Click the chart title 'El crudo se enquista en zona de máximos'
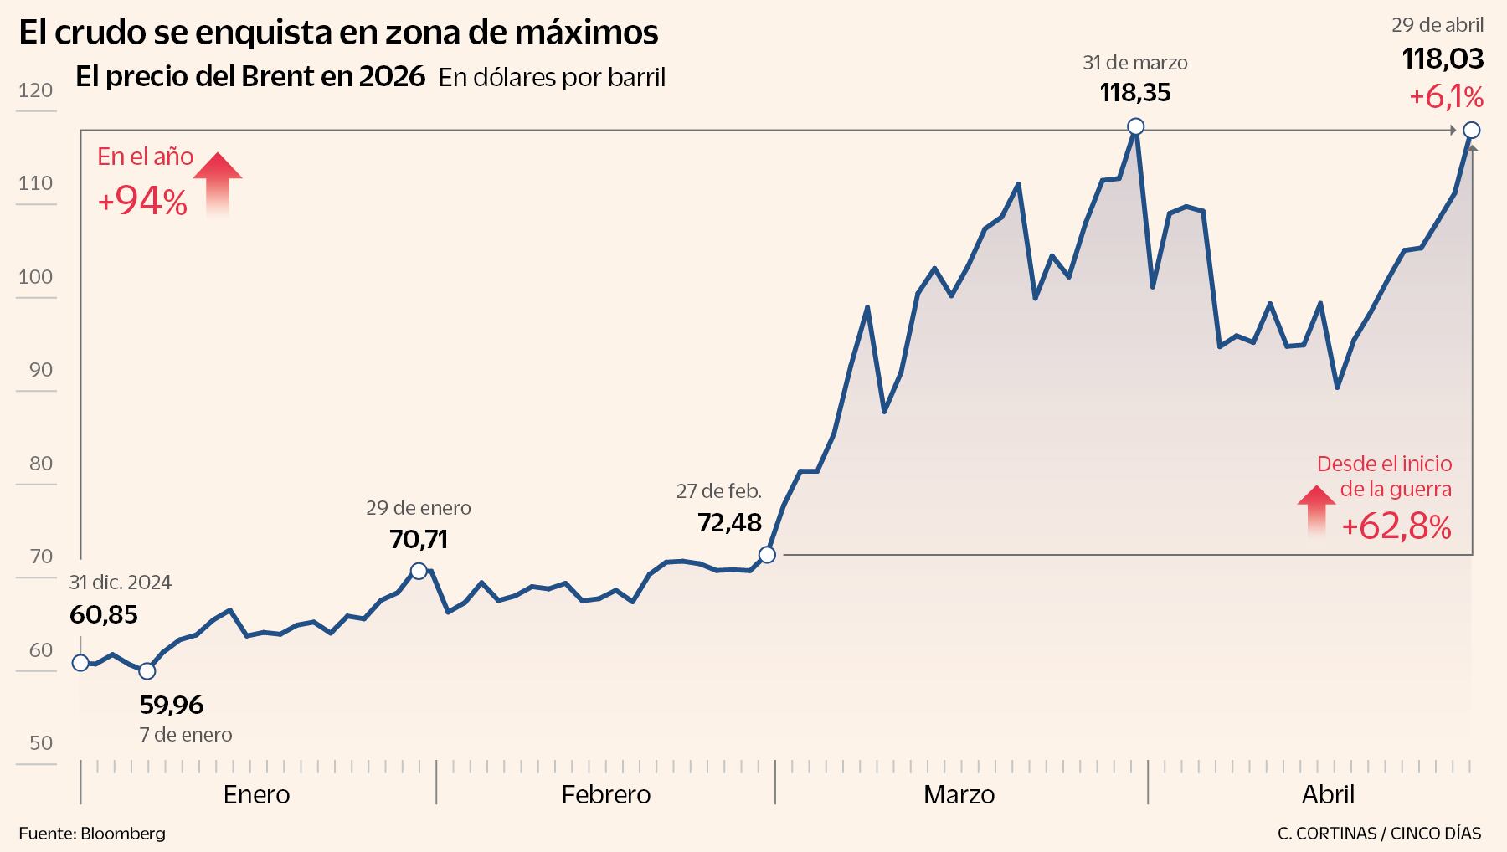click(338, 33)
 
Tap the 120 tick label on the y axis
click(35, 90)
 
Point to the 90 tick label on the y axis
click(40, 370)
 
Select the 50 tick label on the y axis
click(40, 743)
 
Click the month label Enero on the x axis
click(256, 794)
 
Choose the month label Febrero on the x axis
click(606, 794)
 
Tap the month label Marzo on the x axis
click(959, 794)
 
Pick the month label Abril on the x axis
click(1328, 794)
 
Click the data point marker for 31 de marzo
click(1135, 126)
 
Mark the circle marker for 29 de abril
click(1471, 130)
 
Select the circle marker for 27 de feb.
click(766, 554)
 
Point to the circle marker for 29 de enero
click(419, 571)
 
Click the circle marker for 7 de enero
click(147, 670)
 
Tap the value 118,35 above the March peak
click(1134, 92)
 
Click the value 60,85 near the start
click(103, 615)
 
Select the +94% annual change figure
click(142, 202)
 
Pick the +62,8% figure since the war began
click(1396, 527)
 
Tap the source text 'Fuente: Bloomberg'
click(92, 834)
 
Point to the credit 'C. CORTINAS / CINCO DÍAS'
click(1379, 834)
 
